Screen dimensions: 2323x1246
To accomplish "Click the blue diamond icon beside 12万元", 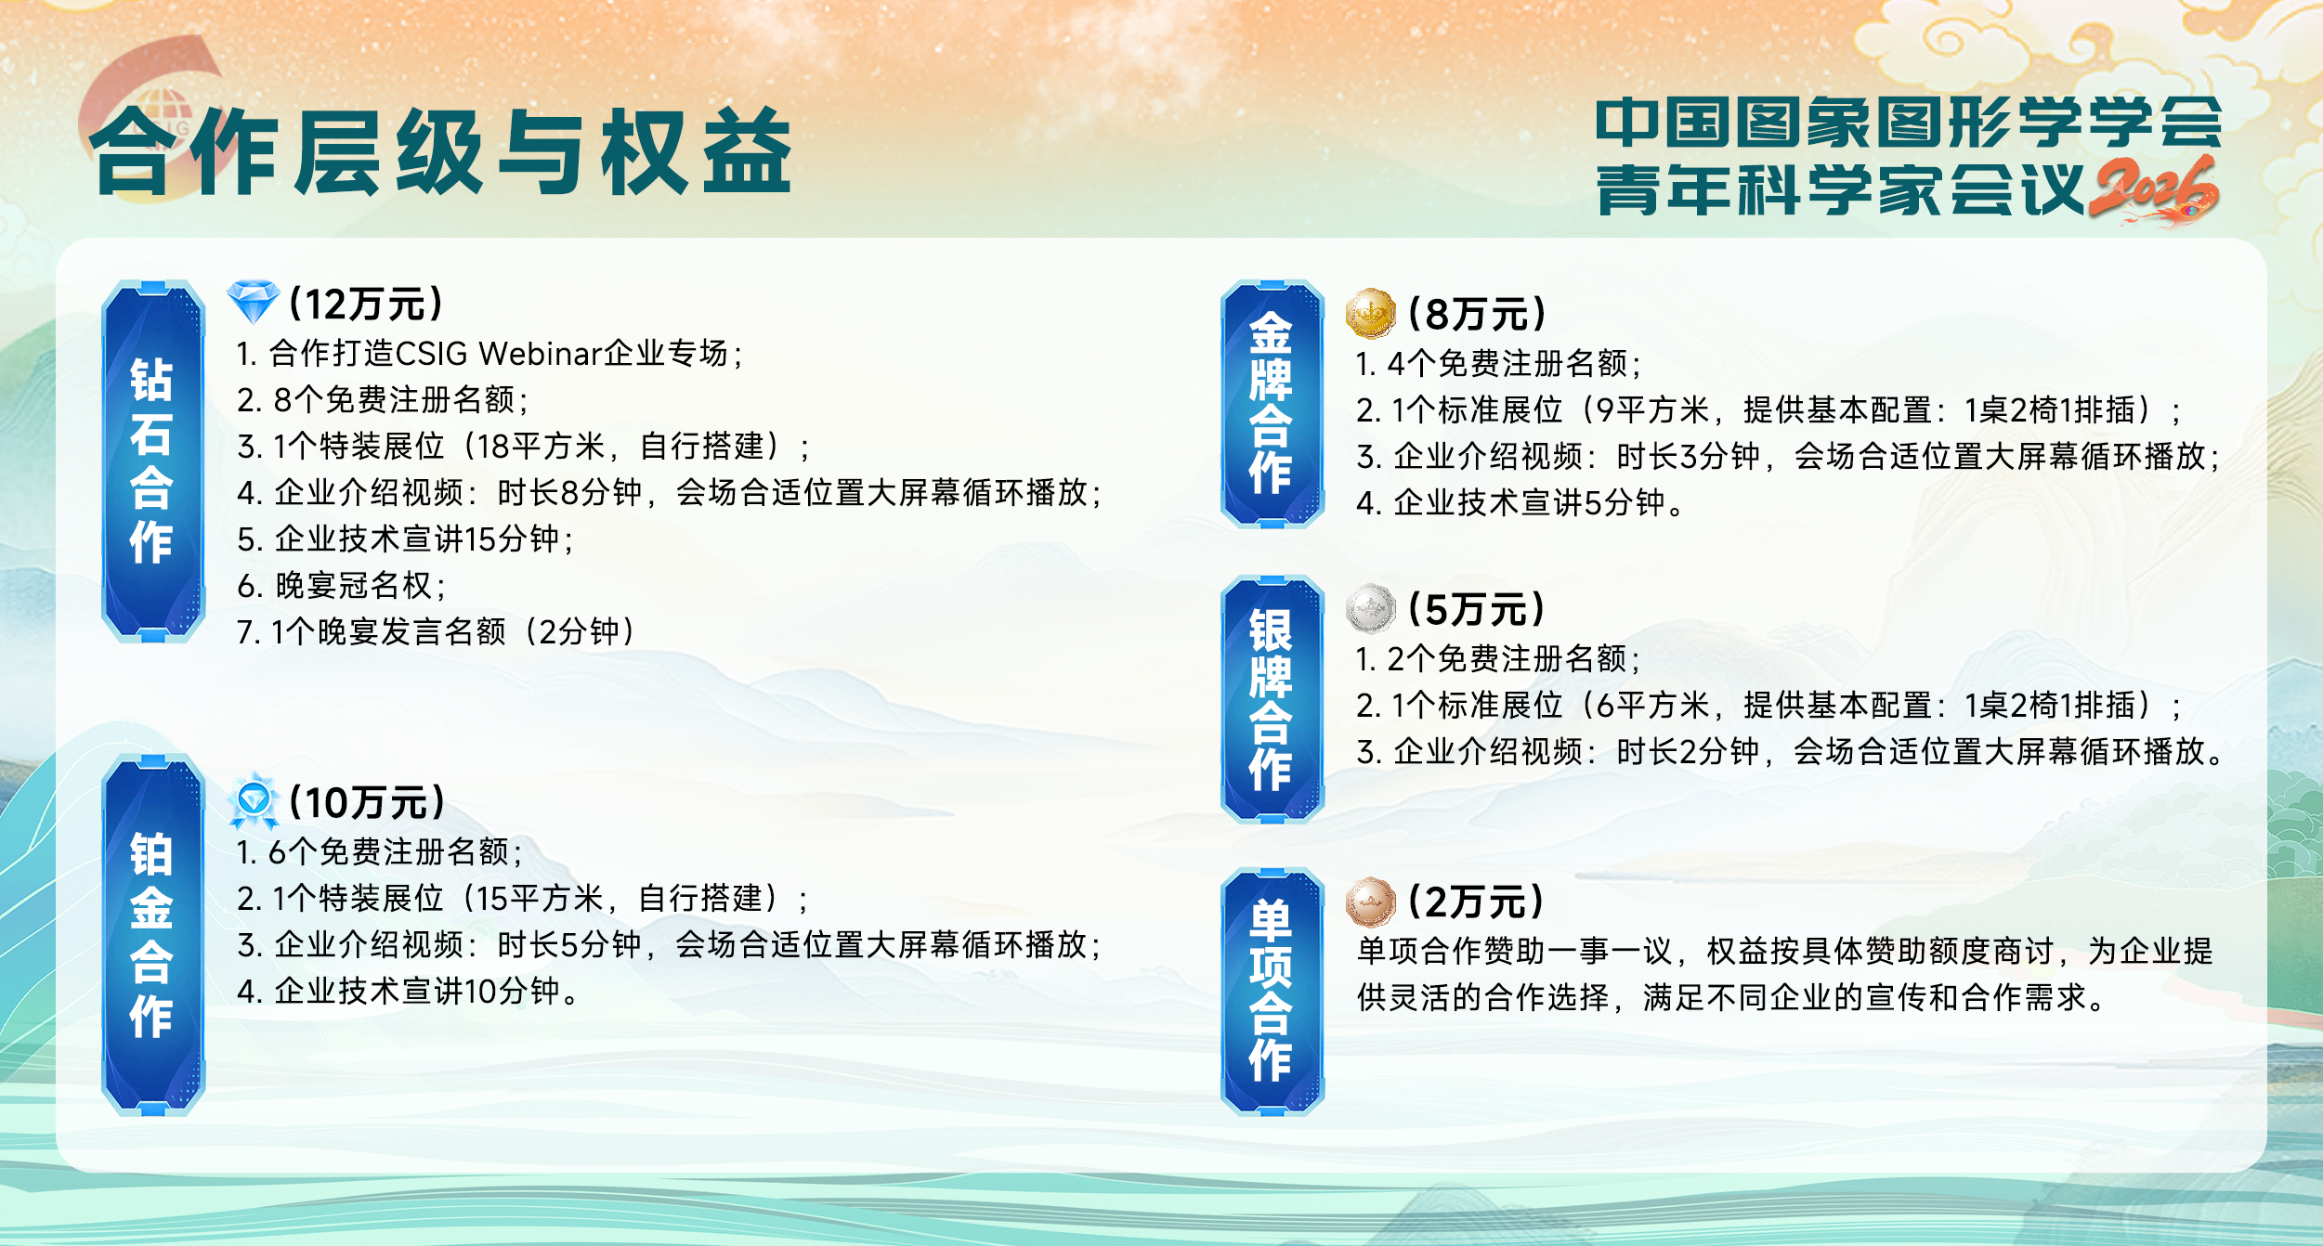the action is [x=253, y=301].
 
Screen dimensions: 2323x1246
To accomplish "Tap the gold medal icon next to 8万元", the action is [x=1370, y=314].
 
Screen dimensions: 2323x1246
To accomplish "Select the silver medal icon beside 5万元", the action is [x=1370, y=609].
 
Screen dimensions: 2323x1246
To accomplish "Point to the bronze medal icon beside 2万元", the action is [x=1370, y=902].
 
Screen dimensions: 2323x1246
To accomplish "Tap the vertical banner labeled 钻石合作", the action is [x=153, y=461].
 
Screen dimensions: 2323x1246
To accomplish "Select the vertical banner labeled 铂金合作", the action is [x=153, y=935].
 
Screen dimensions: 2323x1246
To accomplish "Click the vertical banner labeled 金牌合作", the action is [x=1272, y=404].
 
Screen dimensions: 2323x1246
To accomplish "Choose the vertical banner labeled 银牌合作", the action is [x=1272, y=699].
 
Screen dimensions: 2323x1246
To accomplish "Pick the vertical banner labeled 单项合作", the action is [x=1272, y=991].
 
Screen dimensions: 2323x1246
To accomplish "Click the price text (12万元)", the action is [x=366, y=304].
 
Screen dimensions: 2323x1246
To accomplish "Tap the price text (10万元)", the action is [x=367, y=802].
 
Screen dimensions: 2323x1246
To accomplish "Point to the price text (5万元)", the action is [x=1476, y=610].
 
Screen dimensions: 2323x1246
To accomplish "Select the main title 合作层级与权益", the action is [x=441, y=151].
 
